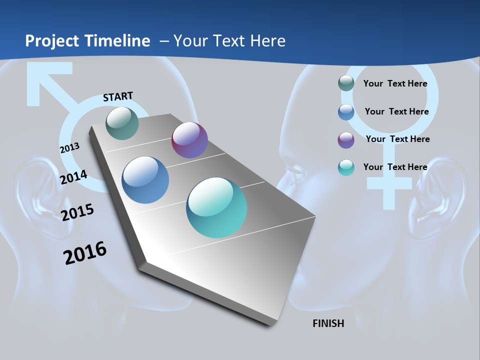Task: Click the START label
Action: click(x=118, y=96)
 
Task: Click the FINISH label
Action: click(x=328, y=323)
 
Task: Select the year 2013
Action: click(x=69, y=148)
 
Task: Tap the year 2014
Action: click(x=74, y=177)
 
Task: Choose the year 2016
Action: click(x=85, y=253)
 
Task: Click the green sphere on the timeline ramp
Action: click(x=122, y=123)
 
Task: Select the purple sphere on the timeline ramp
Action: click(x=189, y=140)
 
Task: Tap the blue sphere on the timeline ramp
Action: click(x=145, y=180)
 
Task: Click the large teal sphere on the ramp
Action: click(x=216, y=207)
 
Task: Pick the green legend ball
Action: click(x=346, y=83)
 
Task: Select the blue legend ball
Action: click(x=346, y=111)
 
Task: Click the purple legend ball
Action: click(x=346, y=139)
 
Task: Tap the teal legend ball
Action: click(x=346, y=167)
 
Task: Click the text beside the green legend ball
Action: click(x=395, y=83)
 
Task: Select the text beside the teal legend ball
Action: click(x=395, y=167)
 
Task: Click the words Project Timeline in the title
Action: click(x=87, y=41)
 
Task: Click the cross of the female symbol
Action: click(x=385, y=184)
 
